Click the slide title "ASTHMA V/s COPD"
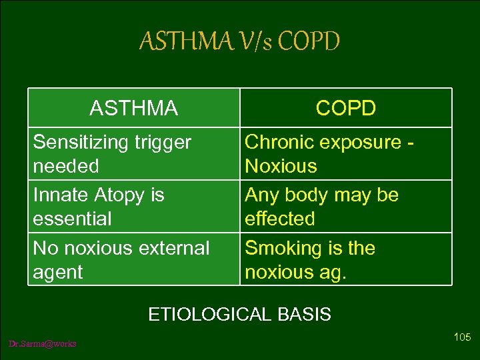(239, 42)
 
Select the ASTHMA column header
(133, 108)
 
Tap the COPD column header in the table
(345, 108)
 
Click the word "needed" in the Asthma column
(65, 166)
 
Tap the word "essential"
(72, 219)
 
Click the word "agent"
(58, 272)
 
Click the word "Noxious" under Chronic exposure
(281, 166)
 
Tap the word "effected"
(279, 219)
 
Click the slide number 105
(462, 337)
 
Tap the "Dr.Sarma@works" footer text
(43, 343)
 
